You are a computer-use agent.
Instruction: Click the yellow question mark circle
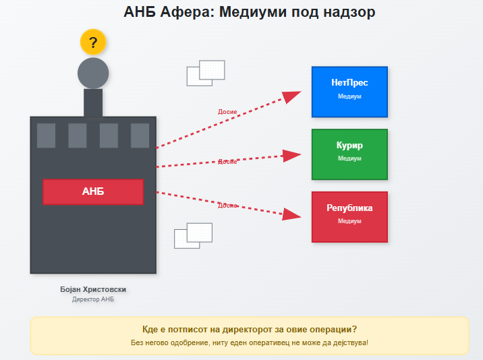(x=93, y=42)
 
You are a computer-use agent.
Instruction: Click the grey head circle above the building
(x=93, y=73)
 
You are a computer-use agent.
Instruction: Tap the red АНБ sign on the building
(x=93, y=191)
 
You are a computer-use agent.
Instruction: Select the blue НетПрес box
(x=349, y=92)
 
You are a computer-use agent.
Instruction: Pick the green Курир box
(x=349, y=154)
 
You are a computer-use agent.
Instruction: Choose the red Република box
(x=349, y=216)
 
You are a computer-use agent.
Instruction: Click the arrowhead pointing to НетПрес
(x=292, y=96)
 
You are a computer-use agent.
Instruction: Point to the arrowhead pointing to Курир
(x=291, y=156)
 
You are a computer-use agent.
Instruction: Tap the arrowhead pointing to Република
(x=292, y=214)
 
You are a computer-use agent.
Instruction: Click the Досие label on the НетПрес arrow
(x=227, y=112)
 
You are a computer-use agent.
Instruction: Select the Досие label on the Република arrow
(x=227, y=205)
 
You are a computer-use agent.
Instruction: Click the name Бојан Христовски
(x=93, y=289)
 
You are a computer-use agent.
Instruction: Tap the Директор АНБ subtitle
(x=93, y=299)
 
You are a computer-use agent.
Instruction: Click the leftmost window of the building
(x=46, y=136)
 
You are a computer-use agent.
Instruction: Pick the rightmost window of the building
(x=140, y=136)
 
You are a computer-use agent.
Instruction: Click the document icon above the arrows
(x=206, y=73)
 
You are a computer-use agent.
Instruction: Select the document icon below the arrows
(x=193, y=235)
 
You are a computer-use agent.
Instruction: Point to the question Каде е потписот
(x=250, y=330)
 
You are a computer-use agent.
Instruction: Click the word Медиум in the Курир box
(x=349, y=158)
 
